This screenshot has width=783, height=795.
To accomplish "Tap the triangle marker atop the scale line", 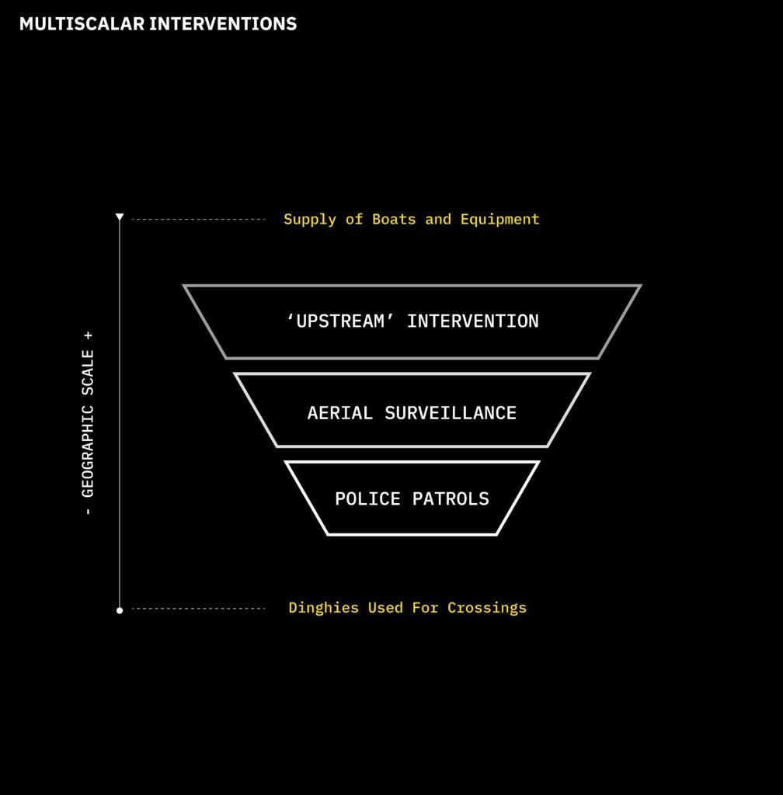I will coord(120,217).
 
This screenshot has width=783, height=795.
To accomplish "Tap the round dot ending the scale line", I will coord(120,610).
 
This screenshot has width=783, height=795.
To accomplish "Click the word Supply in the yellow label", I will coord(310,220).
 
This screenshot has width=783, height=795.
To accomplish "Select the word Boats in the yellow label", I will coord(394,220).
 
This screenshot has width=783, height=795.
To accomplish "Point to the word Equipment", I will coord(499,220).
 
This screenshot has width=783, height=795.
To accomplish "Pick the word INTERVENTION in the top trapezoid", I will coord(472,321).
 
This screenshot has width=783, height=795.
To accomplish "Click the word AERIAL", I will coord(341,413).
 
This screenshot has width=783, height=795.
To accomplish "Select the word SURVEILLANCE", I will coord(451,413).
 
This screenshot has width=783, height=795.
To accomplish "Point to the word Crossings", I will coord(487,608).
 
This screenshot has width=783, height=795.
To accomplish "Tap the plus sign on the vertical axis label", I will coord(88,335).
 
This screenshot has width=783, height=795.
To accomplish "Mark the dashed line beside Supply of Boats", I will coord(198,220).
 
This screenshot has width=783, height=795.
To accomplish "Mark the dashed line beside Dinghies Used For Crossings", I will coord(198,609).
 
